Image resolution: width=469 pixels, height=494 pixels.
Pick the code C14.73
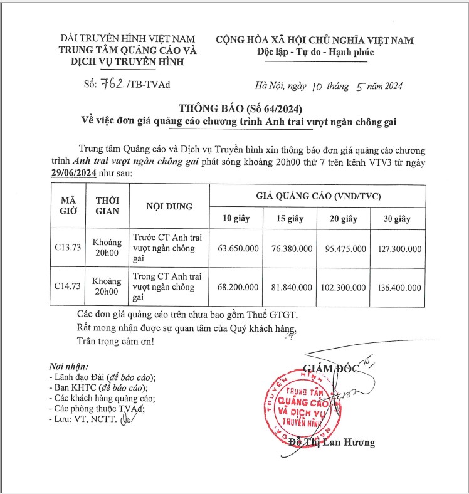pos(68,288)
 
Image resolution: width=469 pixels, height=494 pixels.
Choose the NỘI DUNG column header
pos(169,206)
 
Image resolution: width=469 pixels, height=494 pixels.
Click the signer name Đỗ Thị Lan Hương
pos(332,443)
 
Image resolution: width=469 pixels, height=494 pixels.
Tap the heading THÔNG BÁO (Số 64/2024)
pos(234,107)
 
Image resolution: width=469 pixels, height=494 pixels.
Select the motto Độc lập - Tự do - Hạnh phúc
pos(315,52)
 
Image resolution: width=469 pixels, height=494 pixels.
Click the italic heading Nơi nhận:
pos(69,366)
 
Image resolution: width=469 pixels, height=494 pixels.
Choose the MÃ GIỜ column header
pos(68,206)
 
